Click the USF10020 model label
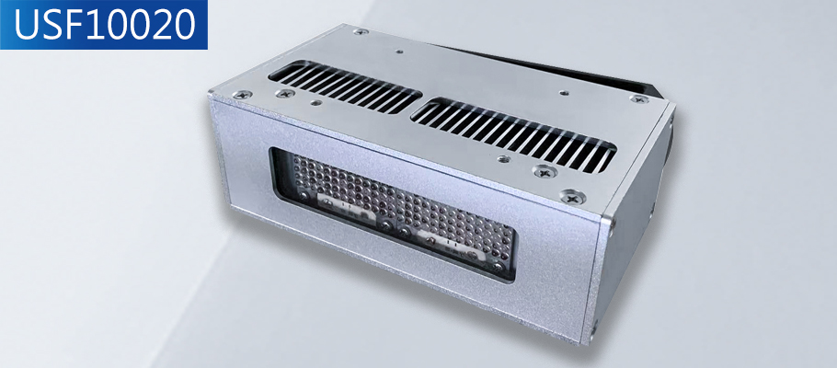tap(104, 25)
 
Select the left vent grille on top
tap(344, 86)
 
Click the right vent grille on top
tap(513, 135)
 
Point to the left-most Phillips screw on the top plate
tap(243, 95)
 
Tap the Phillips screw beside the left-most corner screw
tap(285, 94)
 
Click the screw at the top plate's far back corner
tap(361, 31)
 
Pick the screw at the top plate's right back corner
tap(639, 98)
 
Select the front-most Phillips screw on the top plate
tap(573, 197)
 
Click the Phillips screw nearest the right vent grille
tap(545, 171)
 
